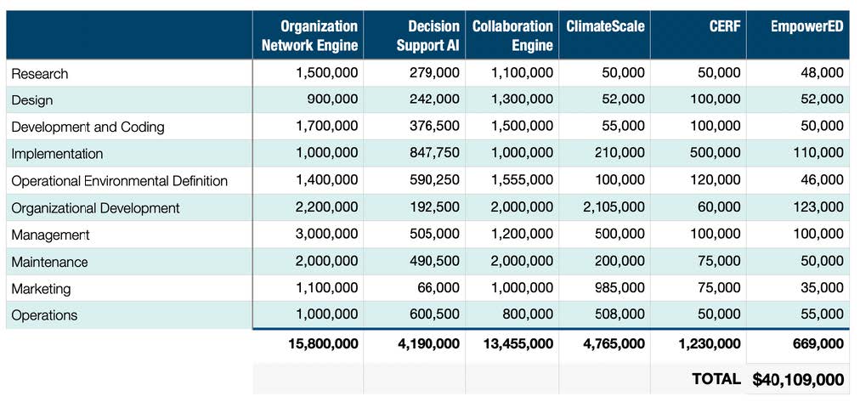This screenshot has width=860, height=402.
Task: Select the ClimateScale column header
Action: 605,26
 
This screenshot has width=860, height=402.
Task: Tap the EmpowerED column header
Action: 806,26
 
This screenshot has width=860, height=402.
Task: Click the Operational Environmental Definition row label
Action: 120,181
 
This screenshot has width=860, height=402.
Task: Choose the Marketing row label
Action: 41,289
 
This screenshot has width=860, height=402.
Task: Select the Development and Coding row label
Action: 88,127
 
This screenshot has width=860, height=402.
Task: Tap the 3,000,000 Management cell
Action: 326,235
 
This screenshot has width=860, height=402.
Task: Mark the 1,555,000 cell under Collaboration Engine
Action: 522,181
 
